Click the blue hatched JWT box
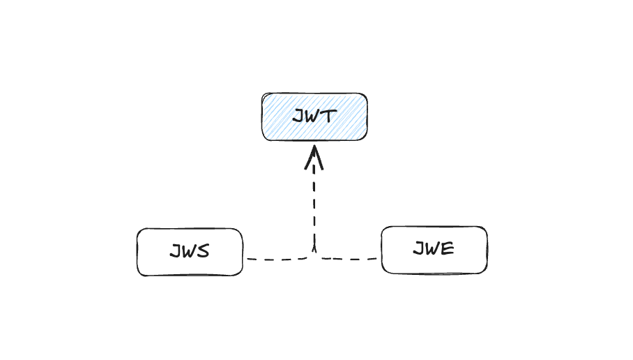click(314, 117)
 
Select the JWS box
click(190, 252)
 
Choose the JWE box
click(434, 250)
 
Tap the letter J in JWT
click(299, 116)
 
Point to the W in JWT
click(313, 117)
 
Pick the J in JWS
click(176, 251)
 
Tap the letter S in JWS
click(204, 251)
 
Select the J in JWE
click(420, 248)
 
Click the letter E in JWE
click(448, 248)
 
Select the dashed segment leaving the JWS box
click(279, 259)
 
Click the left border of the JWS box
click(137, 252)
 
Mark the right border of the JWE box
click(487, 250)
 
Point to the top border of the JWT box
click(314, 93)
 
